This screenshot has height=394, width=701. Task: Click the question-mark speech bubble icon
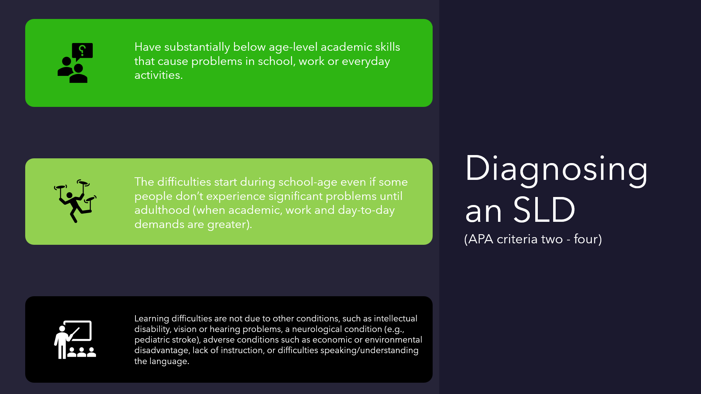click(x=75, y=63)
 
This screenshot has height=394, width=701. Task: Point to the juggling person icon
click(x=75, y=201)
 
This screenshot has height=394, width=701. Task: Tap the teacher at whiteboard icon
click(x=75, y=340)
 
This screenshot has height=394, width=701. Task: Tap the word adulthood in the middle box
click(x=162, y=210)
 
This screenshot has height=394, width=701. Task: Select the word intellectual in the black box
click(x=395, y=318)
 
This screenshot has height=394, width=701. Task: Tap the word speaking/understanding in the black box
click(x=369, y=351)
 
